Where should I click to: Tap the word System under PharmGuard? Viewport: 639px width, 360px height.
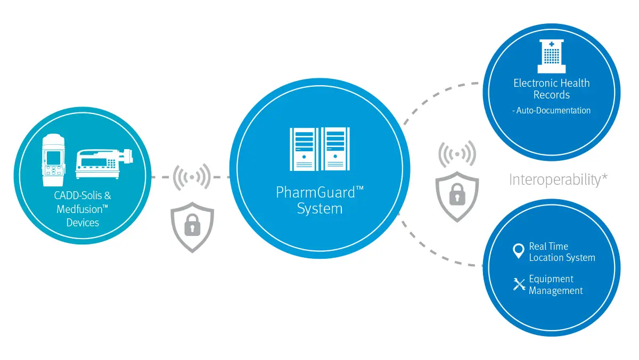pos(319,208)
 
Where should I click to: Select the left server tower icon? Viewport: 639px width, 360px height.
pos(303,149)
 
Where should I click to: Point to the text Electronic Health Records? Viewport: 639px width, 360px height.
pos(552,89)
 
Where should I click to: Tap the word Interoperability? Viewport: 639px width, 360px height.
pos(554,179)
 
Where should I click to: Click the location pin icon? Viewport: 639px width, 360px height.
pos(518,251)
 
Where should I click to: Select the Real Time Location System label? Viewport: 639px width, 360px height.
pos(562,252)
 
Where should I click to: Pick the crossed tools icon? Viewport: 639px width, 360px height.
pos(519,285)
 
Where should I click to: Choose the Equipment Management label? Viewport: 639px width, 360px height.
pos(555,285)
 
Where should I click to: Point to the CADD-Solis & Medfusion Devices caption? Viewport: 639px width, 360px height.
pos(83,209)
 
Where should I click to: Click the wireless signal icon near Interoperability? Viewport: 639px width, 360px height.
pos(457,155)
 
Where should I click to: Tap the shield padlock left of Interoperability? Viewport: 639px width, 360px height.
pos(457,195)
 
